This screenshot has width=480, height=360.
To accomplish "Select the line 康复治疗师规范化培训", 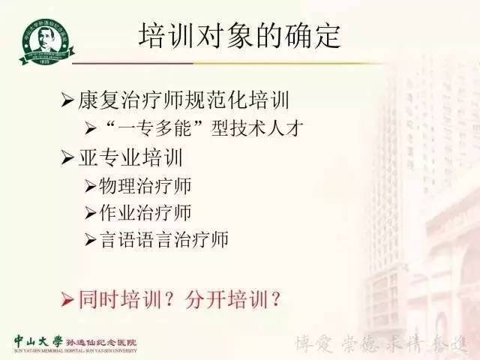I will [184, 99].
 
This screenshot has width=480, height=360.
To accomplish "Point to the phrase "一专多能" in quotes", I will [148, 127].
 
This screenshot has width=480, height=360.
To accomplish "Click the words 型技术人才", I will [235, 127].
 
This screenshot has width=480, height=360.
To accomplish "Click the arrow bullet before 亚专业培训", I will [66, 158].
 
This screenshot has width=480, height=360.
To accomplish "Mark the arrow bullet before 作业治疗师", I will [90, 213].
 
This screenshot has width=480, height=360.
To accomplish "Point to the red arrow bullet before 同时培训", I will [67, 300].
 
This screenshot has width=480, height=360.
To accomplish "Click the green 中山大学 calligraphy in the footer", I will [37, 338].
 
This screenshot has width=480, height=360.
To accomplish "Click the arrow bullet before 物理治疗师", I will [90, 185].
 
